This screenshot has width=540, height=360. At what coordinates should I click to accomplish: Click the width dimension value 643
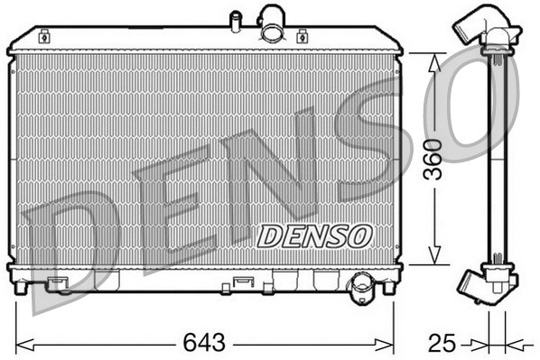[206, 343]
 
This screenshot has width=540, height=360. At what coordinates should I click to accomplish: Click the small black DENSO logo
[314, 235]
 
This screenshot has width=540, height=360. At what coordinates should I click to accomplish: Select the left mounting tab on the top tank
[45, 36]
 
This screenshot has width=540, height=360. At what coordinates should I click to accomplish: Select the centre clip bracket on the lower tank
[242, 282]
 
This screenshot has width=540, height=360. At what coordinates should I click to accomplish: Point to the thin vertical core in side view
[494, 162]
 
